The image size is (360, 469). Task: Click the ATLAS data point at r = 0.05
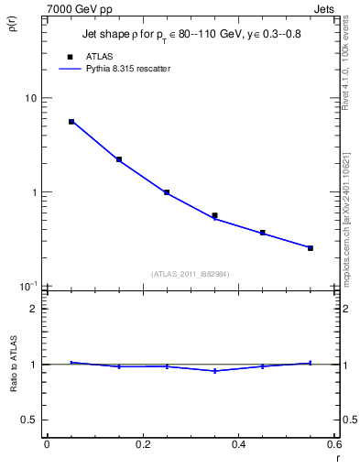(x=71, y=121)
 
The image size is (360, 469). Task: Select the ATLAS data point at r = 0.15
(x=119, y=159)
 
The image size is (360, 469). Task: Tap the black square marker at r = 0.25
(x=167, y=192)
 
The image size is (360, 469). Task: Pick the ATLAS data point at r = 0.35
(x=214, y=216)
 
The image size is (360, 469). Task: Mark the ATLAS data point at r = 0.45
(x=263, y=233)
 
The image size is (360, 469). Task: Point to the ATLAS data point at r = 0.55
(x=311, y=248)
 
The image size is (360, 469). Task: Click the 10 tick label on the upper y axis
(x=30, y=99)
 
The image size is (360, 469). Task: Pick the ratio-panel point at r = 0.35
(x=214, y=371)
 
